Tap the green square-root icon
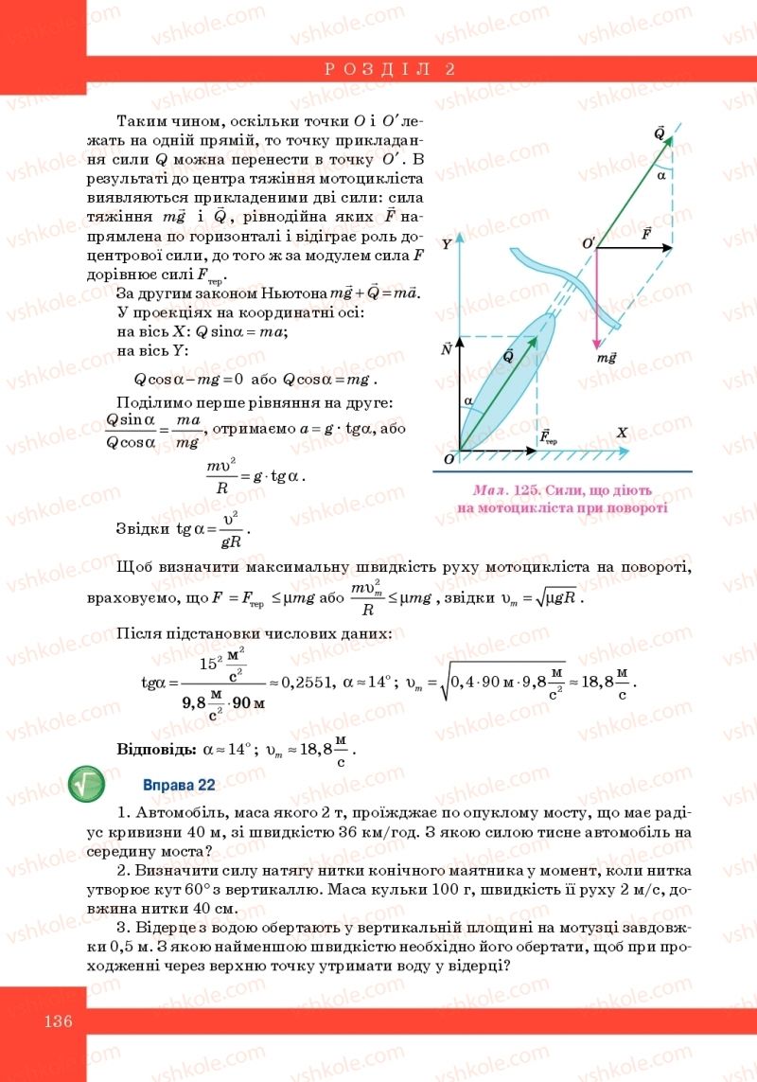coord(88,784)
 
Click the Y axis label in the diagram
coord(446,244)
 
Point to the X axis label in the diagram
coord(623,433)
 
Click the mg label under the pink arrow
coord(607,359)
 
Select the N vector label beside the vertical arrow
coord(446,349)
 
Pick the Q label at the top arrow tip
coord(660,133)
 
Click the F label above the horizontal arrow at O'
coord(646,232)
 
